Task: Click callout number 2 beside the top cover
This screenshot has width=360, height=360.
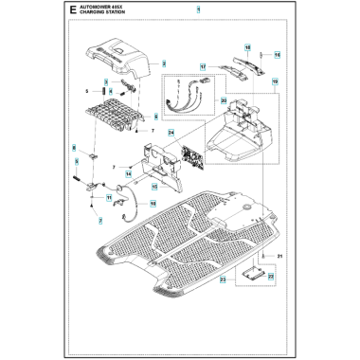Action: click(x=164, y=63)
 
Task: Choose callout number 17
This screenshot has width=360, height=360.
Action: click(x=203, y=67)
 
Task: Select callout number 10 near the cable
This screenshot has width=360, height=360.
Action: click(x=153, y=203)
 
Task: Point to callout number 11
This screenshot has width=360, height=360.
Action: click(x=109, y=197)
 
